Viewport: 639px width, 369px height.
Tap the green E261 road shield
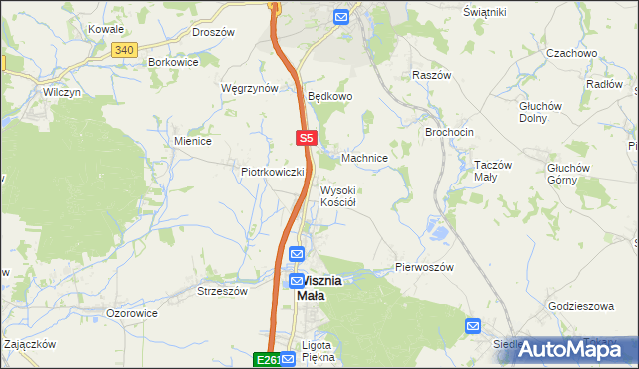(x=266, y=360)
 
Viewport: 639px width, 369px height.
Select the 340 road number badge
(x=123, y=49)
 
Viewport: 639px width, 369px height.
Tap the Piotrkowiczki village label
(x=272, y=172)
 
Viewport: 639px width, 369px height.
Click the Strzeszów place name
(x=222, y=292)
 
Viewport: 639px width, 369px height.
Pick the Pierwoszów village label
(x=425, y=268)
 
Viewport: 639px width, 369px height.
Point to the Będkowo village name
(x=330, y=97)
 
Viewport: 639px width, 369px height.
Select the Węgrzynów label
(x=249, y=88)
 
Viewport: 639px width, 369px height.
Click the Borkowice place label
(x=173, y=61)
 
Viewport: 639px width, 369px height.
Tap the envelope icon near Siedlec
(x=473, y=326)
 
